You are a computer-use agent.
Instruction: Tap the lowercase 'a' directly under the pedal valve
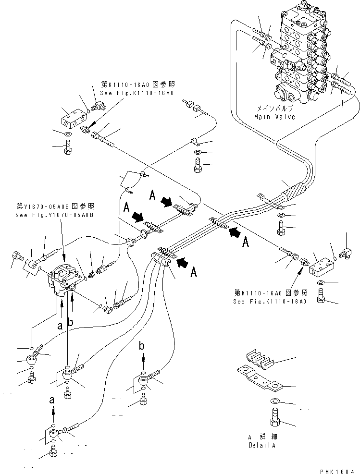(60, 326)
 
